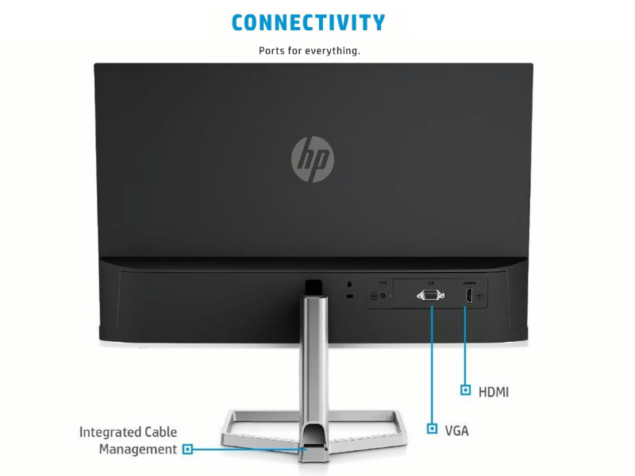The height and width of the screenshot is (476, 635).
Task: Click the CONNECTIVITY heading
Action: [x=308, y=23]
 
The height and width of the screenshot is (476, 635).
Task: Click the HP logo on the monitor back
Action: [x=313, y=159]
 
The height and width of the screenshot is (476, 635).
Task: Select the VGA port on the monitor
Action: [x=430, y=295]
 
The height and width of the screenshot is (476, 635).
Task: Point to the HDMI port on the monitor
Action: [x=468, y=295]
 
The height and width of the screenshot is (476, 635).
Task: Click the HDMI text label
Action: [x=493, y=392]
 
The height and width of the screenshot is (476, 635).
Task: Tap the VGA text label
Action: [x=456, y=430]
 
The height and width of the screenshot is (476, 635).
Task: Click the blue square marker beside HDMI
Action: [x=466, y=390]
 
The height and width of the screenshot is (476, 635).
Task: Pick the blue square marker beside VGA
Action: [x=432, y=428]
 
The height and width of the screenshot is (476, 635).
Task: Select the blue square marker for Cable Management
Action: [x=187, y=449]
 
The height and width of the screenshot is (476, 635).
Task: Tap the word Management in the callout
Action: [x=137, y=449]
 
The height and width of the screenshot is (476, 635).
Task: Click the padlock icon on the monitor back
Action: [x=349, y=284]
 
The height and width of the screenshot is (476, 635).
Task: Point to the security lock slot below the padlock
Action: [x=350, y=296]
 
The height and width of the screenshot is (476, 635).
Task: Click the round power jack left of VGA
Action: [x=383, y=296]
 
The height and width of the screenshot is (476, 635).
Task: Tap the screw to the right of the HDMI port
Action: [x=479, y=295]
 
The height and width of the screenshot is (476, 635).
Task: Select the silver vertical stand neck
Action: [x=314, y=364]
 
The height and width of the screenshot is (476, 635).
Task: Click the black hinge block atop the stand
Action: [x=314, y=287]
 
